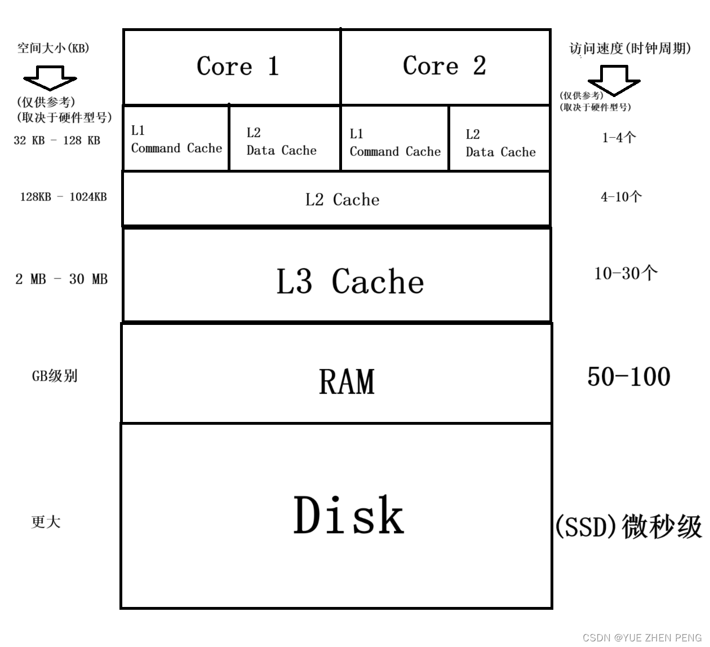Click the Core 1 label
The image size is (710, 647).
[237, 67]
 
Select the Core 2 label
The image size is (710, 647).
[444, 66]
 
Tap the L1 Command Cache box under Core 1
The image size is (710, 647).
[176, 139]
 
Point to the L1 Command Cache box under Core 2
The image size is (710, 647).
[394, 143]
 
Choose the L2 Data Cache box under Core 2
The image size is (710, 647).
[500, 143]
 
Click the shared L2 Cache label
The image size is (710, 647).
[342, 200]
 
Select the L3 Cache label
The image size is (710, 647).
[349, 281]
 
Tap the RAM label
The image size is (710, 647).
[347, 382]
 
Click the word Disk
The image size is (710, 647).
[349, 516]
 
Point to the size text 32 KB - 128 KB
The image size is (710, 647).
[57, 140]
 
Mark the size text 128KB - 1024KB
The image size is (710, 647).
[63, 197]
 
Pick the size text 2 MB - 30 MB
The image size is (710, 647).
[61, 279]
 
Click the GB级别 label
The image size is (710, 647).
[54, 376]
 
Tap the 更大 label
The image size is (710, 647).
[46, 522]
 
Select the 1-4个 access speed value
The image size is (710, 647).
[619, 138]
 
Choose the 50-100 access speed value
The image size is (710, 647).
[628, 377]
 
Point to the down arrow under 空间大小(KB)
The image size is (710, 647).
[50, 78]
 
